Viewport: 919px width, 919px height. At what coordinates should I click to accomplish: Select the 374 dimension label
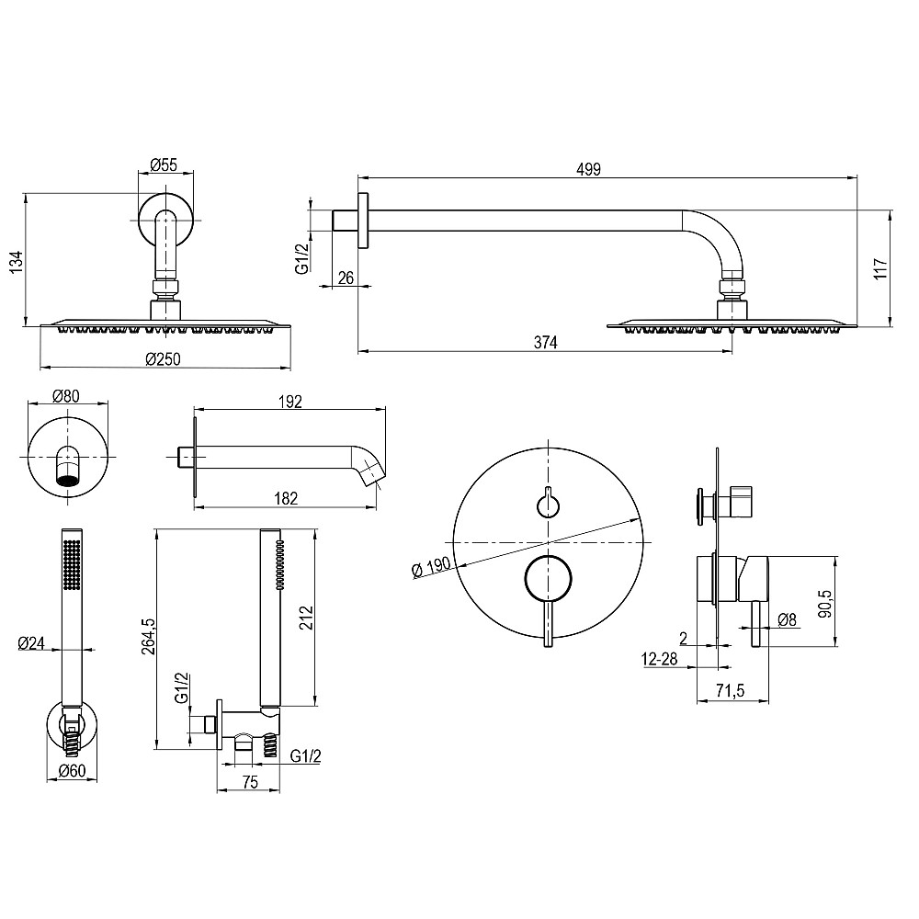point(546,342)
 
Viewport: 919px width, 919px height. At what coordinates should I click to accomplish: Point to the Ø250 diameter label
point(163,359)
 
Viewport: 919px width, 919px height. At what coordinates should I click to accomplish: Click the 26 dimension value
point(346,278)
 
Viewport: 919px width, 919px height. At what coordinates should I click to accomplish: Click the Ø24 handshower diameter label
point(32,644)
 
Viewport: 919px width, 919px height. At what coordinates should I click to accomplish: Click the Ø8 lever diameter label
point(787,619)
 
